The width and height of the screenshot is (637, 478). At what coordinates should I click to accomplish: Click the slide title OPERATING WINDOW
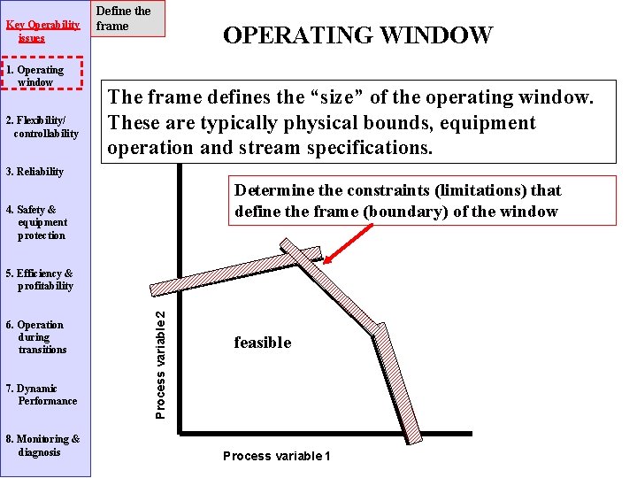pos(357,35)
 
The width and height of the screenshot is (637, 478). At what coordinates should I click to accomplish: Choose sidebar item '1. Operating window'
pos(41,76)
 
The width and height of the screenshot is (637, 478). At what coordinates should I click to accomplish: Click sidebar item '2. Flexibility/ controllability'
pos(45,127)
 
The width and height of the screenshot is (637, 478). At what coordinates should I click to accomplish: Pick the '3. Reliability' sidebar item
pos(35,172)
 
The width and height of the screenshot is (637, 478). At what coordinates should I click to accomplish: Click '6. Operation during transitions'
pos(41,337)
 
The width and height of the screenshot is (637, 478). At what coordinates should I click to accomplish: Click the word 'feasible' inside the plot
pos(262,343)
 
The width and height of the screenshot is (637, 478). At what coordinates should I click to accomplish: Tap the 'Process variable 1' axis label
pos(276,456)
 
